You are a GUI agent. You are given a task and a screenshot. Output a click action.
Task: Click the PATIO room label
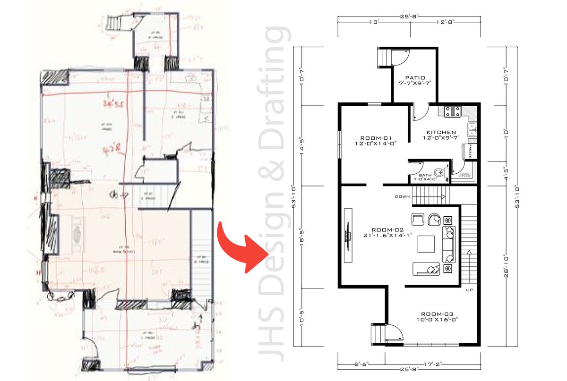tap(415, 78)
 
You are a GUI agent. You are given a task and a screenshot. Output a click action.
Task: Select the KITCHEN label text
tap(441, 133)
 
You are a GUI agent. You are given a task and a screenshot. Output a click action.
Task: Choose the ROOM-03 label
tap(436, 314)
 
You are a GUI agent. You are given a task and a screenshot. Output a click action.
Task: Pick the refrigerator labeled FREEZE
tap(471, 152)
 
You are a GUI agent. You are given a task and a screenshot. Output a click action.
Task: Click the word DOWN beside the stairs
tap(403, 197)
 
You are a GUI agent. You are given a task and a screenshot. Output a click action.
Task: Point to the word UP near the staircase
tap(469, 290)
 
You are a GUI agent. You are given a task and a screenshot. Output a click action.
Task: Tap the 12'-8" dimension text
tap(446, 22)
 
